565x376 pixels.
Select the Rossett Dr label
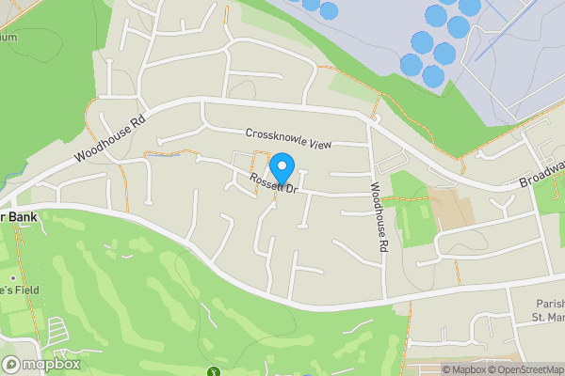[274, 183]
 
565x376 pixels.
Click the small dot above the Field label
[13, 279]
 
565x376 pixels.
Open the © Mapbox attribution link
[458, 369]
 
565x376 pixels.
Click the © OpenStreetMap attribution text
[524, 369]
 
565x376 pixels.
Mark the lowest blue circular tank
[433, 76]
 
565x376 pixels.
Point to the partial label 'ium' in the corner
[8, 38]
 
